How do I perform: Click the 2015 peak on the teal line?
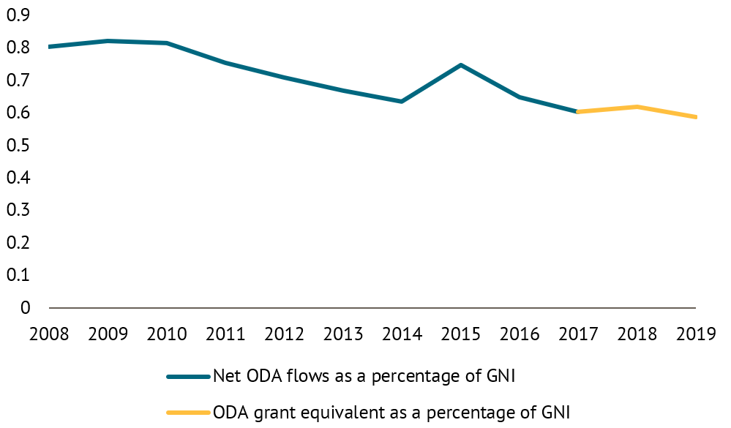[460, 65]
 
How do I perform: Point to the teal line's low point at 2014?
[402, 101]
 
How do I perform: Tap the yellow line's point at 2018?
[637, 107]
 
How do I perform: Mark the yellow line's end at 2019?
[694, 117]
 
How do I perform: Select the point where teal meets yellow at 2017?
[577, 112]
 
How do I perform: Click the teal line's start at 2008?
[50, 47]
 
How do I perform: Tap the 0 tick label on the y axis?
[26, 307]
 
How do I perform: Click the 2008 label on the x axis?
[49, 334]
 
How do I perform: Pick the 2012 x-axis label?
[284, 334]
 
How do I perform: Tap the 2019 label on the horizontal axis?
[695, 334]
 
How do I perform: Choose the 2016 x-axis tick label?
[519, 334]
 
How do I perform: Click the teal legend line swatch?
[188, 378]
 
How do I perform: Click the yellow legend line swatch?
[188, 413]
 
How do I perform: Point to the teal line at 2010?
[167, 43]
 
